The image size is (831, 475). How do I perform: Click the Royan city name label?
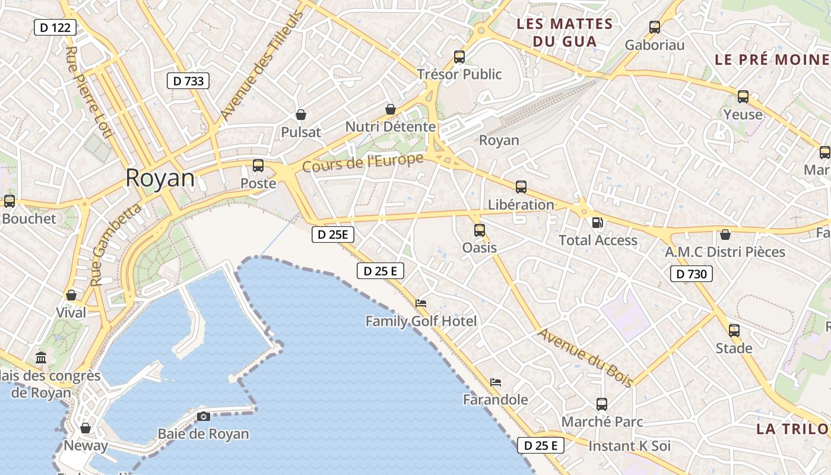(x=160, y=178)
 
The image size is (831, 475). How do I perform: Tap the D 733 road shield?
(x=189, y=81)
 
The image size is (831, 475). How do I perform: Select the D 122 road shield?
(x=55, y=27)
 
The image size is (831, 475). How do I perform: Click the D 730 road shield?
(x=692, y=274)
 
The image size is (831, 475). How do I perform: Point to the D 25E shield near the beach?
(x=333, y=235)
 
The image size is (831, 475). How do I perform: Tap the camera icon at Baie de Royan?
(x=204, y=416)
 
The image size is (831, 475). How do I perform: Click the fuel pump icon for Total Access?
(x=598, y=223)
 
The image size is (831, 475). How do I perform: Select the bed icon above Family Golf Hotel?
(x=421, y=303)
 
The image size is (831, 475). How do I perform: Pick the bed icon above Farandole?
(x=496, y=382)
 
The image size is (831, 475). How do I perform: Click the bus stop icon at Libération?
(x=521, y=187)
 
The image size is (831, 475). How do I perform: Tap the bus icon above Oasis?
(x=480, y=230)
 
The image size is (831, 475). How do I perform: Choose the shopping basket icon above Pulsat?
(x=301, y=115)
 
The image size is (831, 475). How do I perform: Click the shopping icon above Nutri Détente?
(x=391, y=109)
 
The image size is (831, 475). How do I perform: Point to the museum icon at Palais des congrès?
(x=41, y=358)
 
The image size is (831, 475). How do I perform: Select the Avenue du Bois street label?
(x=585, y=357)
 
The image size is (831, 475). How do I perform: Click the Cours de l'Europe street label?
(x=363, y=163)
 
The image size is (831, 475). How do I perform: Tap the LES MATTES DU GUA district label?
(x=564, y=33)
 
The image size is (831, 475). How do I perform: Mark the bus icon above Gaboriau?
(x=655, y=27)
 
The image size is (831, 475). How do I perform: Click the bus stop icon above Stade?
(x=734, y=331)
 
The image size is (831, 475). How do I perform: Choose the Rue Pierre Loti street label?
(x=88, y=93)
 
